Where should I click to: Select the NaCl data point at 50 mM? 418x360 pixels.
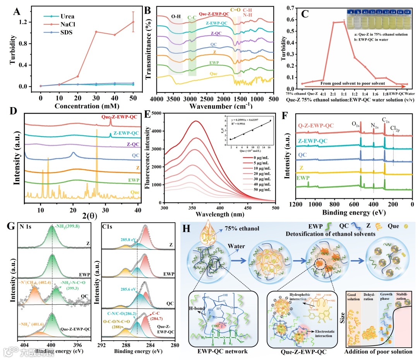133,22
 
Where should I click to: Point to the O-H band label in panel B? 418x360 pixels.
176,17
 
